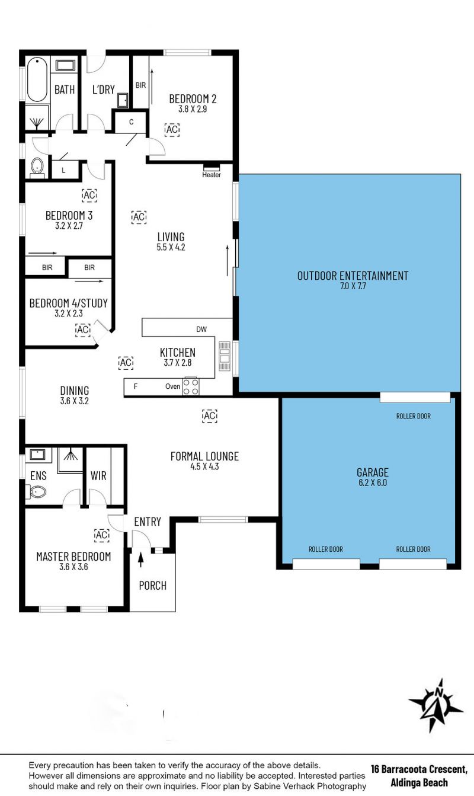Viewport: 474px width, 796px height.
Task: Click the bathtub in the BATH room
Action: (x=37, y=79)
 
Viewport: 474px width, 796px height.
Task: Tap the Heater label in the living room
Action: (x=212, y=175)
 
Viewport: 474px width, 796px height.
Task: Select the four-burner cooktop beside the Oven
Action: (x=190, y=387)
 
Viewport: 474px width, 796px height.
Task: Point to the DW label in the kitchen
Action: (x=201, y=330)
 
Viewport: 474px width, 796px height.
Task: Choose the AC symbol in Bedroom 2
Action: (x=172, y=129)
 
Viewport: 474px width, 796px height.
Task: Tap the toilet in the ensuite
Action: (x=36, y=493)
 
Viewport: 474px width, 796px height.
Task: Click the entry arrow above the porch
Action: (x=141, y=560)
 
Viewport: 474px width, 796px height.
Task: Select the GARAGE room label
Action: (x=373, y=472)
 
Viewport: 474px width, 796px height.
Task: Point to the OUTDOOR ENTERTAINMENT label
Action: (x=353, y=276)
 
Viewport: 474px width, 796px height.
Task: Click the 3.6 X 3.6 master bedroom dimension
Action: (x=73, y=567)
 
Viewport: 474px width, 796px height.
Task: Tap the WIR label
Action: (x=98, y=476)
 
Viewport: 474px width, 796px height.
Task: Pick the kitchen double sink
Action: (x=225, y=356)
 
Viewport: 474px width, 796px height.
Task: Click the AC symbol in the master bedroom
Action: (x=102, y=535)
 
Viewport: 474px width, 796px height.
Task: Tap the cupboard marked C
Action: (x=131, y=122)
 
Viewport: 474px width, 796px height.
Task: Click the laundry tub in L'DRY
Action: (x=123, y=100)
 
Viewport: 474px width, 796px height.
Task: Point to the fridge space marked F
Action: (x=135, y=386)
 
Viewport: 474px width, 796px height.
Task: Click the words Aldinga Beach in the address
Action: (x=419, y=782)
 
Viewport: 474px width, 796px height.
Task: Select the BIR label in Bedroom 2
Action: (x=140, y=85)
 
